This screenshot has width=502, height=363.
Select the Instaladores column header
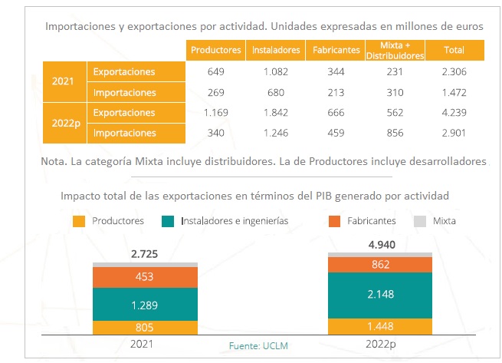tap(275, 50)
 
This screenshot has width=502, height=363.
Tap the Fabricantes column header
tap(336, 50)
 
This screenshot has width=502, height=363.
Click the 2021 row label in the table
tap(64, 82)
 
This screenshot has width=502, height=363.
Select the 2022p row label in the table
tap(64, 123)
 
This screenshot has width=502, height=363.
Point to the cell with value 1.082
tap(275, 72)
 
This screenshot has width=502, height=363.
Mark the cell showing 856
tap(395, 133)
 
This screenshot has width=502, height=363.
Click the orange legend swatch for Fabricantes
tap(334, 221)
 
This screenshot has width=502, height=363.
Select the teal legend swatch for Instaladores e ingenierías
tap(168, 221)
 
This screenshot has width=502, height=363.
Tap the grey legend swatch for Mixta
tap(418, 221)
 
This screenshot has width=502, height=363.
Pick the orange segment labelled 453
tap(145, 277)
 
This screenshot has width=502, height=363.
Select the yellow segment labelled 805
tap(145, 327)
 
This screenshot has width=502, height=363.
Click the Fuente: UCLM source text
tap(258, 346)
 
